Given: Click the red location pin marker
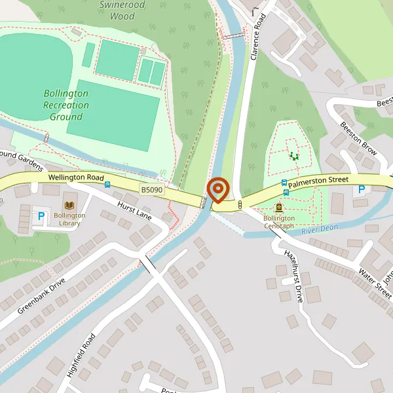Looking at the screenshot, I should point(217,190).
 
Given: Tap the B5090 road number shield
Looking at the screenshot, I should point(151,189).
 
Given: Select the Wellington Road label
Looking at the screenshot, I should point(76,178).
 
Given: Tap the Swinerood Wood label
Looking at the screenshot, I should point(122,10).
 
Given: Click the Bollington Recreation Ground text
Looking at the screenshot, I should point(65,105).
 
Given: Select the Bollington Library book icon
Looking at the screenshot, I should point(70,204).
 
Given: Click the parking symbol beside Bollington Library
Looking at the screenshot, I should point(41,216).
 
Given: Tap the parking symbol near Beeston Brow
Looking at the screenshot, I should point(360,191).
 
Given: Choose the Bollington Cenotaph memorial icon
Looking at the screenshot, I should point(280,207).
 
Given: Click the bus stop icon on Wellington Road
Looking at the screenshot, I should point(107,185).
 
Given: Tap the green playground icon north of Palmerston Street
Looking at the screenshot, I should point(293,155).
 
